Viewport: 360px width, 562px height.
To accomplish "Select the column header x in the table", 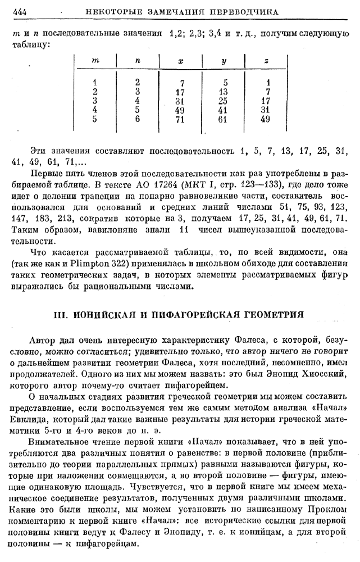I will [180, 60].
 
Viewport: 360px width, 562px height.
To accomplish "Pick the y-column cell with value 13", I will [223, 92].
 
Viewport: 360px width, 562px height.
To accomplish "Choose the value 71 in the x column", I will [180, 119].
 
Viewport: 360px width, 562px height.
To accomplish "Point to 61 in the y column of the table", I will [223, 119].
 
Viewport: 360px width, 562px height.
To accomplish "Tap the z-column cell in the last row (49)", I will [266, 119].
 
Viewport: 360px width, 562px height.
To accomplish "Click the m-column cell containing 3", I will [95, 101].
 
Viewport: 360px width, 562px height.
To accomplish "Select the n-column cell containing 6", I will [138, 119].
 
